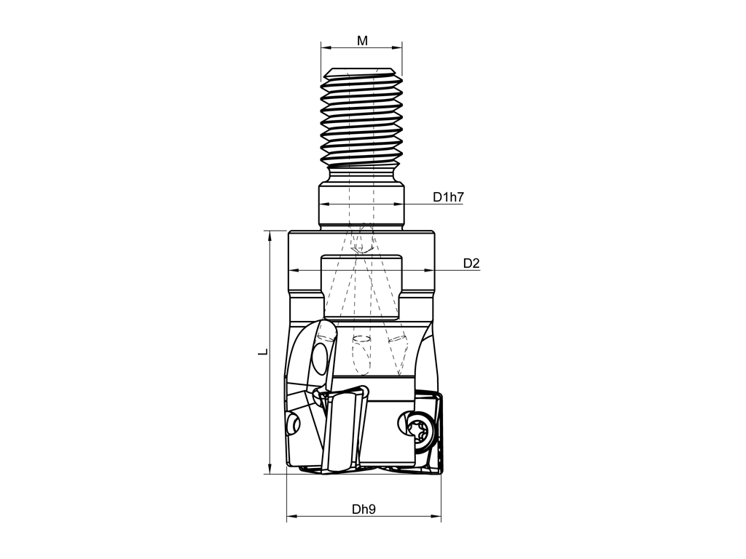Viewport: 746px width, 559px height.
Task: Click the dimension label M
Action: point(362,41)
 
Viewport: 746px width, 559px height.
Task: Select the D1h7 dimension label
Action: point(448,197)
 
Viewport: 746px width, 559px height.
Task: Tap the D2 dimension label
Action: point(471,263)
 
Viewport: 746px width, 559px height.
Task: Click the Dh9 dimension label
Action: point(364,509)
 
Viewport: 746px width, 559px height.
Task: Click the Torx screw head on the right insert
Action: point(420,429)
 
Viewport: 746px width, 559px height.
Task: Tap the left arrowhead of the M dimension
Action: point(326,47)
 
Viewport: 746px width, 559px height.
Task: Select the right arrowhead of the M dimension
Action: point(396,47)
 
